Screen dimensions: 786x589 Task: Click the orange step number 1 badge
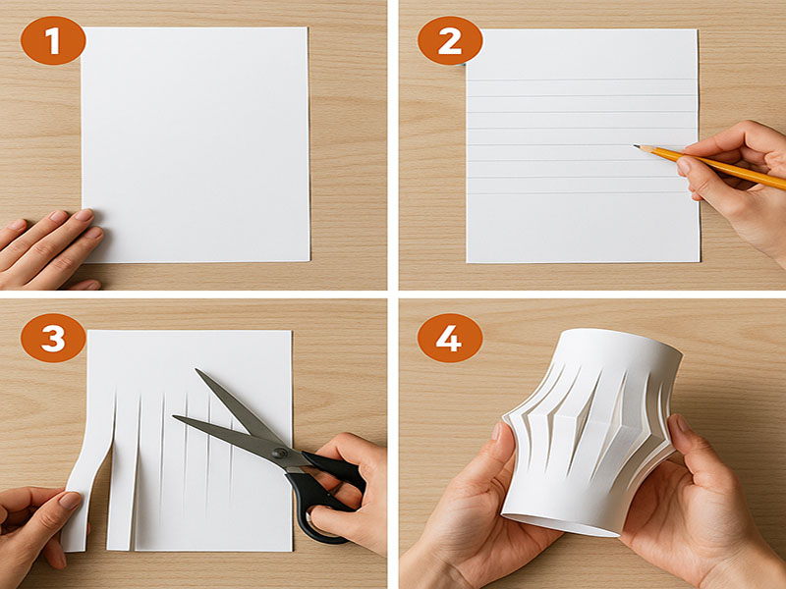[53, 40]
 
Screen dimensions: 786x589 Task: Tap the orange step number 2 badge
[450, 40]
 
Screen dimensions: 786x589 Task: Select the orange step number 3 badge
[53, 338]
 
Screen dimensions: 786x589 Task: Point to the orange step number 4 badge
[450, 338]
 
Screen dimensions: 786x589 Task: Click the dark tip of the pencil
[636, 146]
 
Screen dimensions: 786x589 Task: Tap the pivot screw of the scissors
[280, 454]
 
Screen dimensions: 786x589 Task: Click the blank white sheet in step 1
[196, 144]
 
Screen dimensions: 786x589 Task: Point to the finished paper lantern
[591, 433]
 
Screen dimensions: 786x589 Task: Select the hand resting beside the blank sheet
[49, 249]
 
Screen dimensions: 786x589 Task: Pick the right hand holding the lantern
[702, 506]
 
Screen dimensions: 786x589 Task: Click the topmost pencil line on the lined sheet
[582, 80]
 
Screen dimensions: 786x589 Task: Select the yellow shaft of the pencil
[717, 168]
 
